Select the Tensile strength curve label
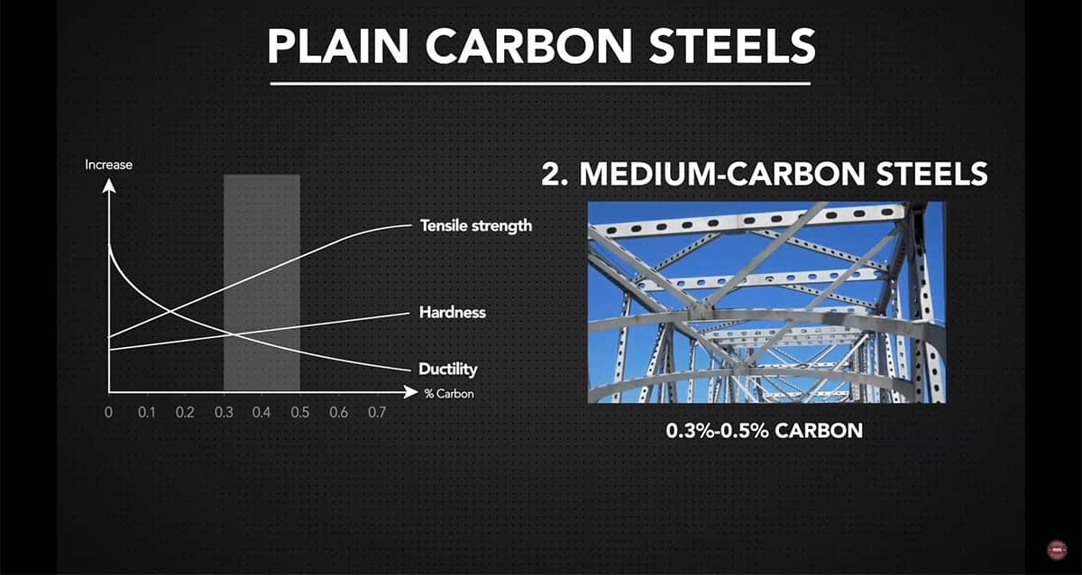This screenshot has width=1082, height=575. (475, 225)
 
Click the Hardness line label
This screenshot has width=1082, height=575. (452, 313)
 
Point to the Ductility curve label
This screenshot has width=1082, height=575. (447, 370)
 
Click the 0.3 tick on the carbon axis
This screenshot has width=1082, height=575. (223, 413)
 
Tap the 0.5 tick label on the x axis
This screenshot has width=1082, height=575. (299, 413)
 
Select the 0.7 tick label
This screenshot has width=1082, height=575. (377, 413)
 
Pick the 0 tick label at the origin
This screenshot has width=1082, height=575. (108, 413)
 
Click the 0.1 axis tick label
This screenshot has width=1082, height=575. (146, 413)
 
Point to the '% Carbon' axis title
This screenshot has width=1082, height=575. (448, 394)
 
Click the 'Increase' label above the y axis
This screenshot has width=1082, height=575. (108, 165)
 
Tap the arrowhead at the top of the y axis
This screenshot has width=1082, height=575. (108, 187)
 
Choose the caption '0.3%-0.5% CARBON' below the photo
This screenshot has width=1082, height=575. (764, 431)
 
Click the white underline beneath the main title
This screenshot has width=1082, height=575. (542, 85)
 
